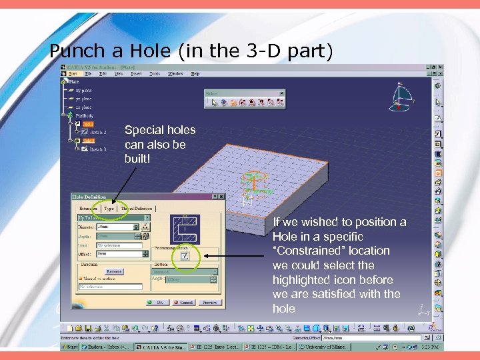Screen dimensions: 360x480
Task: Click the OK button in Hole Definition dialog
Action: click(160, 302)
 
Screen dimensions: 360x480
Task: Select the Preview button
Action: click(209, 302)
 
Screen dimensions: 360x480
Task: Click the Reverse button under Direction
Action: click(114, 271)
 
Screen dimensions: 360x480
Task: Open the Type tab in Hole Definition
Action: click(109, 209)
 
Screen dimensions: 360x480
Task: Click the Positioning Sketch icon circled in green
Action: click(185, 256)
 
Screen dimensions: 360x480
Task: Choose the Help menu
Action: click(195, 73)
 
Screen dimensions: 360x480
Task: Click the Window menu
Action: click(176, 73)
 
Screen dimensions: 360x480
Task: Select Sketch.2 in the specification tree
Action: click(97, 133)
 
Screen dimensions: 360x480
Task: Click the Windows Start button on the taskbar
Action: click(70, 347)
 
